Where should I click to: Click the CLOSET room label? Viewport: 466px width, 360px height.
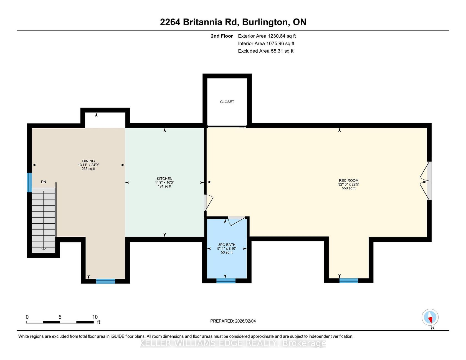[x=227, y=102]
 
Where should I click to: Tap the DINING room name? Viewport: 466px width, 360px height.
[x=88, y=161]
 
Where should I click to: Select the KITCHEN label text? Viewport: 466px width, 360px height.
[x=164, y=178]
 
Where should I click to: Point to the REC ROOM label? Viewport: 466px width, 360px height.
[x=349, y=180]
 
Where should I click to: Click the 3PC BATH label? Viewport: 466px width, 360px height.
[x=227, y=245]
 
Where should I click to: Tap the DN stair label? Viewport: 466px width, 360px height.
[x=44, y=182]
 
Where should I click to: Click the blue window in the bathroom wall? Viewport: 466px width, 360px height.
[x=226, y=281]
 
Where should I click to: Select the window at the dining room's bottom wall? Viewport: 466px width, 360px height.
[x=105, y=281]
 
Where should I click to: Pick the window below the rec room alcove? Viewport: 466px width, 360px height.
[x=349, y=280]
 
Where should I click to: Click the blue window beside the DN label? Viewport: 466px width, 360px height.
[x=29, y=182]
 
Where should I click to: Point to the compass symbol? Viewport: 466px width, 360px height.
[x=430, y=317]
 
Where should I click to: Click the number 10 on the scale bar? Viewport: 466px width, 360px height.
[x=95, y=317]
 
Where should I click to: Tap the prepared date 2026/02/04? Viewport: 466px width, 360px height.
[x=245, y=321]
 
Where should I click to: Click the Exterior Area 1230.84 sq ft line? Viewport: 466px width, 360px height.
[x=267, y=36]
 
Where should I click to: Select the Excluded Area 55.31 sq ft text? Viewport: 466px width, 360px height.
[x=266, y=51]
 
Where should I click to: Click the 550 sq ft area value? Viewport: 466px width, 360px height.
[x=349, y=188]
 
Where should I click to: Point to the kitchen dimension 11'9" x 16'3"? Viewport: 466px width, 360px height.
[x=164, y=182]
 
